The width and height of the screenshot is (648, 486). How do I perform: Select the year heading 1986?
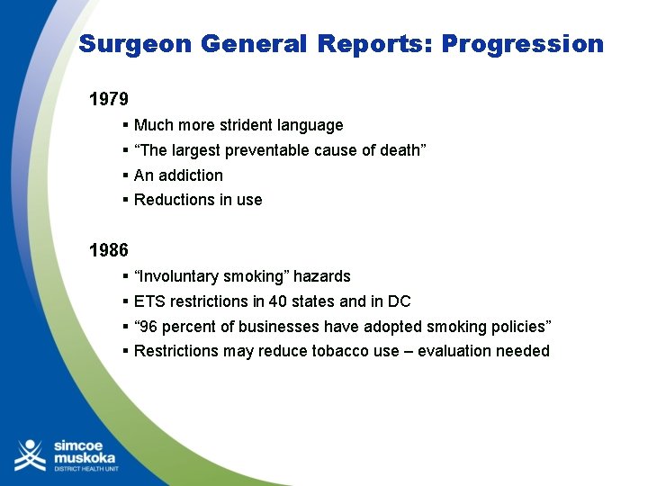(x=109, y=249)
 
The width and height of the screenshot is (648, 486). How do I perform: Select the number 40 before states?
(x=277, y=301)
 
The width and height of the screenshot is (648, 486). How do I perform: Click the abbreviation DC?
(x=399, y=301)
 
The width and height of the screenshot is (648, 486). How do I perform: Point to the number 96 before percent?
(x=150, y=327)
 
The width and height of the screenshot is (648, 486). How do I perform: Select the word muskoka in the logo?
(x=85, y=456)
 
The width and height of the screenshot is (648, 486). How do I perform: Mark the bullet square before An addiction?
(x=126, y=175)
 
